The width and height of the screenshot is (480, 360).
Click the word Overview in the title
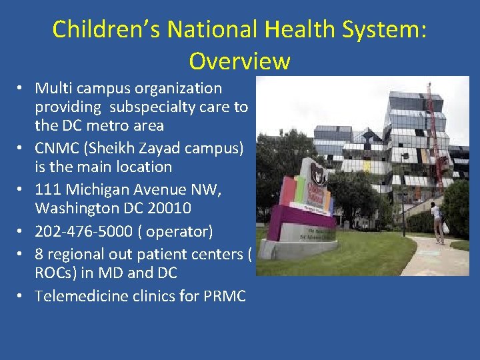[x=239, y=61]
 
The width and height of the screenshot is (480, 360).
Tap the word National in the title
[x=208, y=29]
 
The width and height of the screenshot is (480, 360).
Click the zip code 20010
[x=169, y=208]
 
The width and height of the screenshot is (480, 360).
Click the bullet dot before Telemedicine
[x=22, y=296]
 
